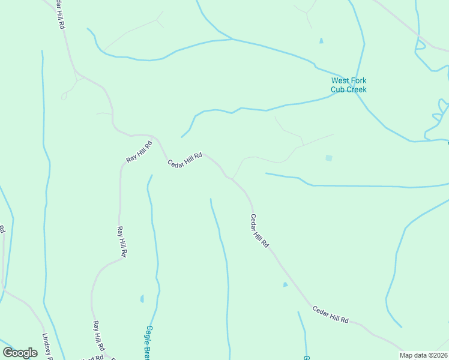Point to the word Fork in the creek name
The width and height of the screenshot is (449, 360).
pos(359,81)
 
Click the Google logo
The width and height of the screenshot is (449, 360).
pos(20,352)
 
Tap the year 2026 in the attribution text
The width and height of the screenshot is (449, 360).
pos(439,355)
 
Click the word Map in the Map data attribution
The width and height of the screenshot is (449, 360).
pos(407,355)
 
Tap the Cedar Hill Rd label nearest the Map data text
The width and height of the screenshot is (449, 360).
pos(330,315)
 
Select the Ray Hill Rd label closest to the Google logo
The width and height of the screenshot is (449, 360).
pos(98,337)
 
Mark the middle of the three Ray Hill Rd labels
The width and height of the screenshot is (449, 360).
pos(122,241)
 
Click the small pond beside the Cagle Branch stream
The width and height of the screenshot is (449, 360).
pos(142,298)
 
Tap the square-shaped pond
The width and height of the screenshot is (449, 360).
pos(328,158)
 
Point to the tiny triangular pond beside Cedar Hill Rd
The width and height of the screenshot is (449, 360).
pos(285,284)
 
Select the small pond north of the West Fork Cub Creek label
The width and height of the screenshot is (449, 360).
pos(321,41)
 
